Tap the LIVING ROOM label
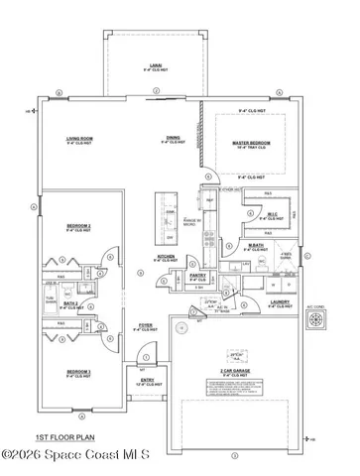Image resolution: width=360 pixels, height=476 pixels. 79,140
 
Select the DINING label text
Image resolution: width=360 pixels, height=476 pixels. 173,140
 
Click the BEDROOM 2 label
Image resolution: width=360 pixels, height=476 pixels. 78,226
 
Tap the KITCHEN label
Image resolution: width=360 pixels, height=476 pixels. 166,257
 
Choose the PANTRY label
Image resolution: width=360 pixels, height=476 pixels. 198,276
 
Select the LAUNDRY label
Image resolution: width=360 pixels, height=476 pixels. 280,301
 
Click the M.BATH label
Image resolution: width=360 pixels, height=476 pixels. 255,247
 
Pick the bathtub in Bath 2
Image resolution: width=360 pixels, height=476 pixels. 49,299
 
